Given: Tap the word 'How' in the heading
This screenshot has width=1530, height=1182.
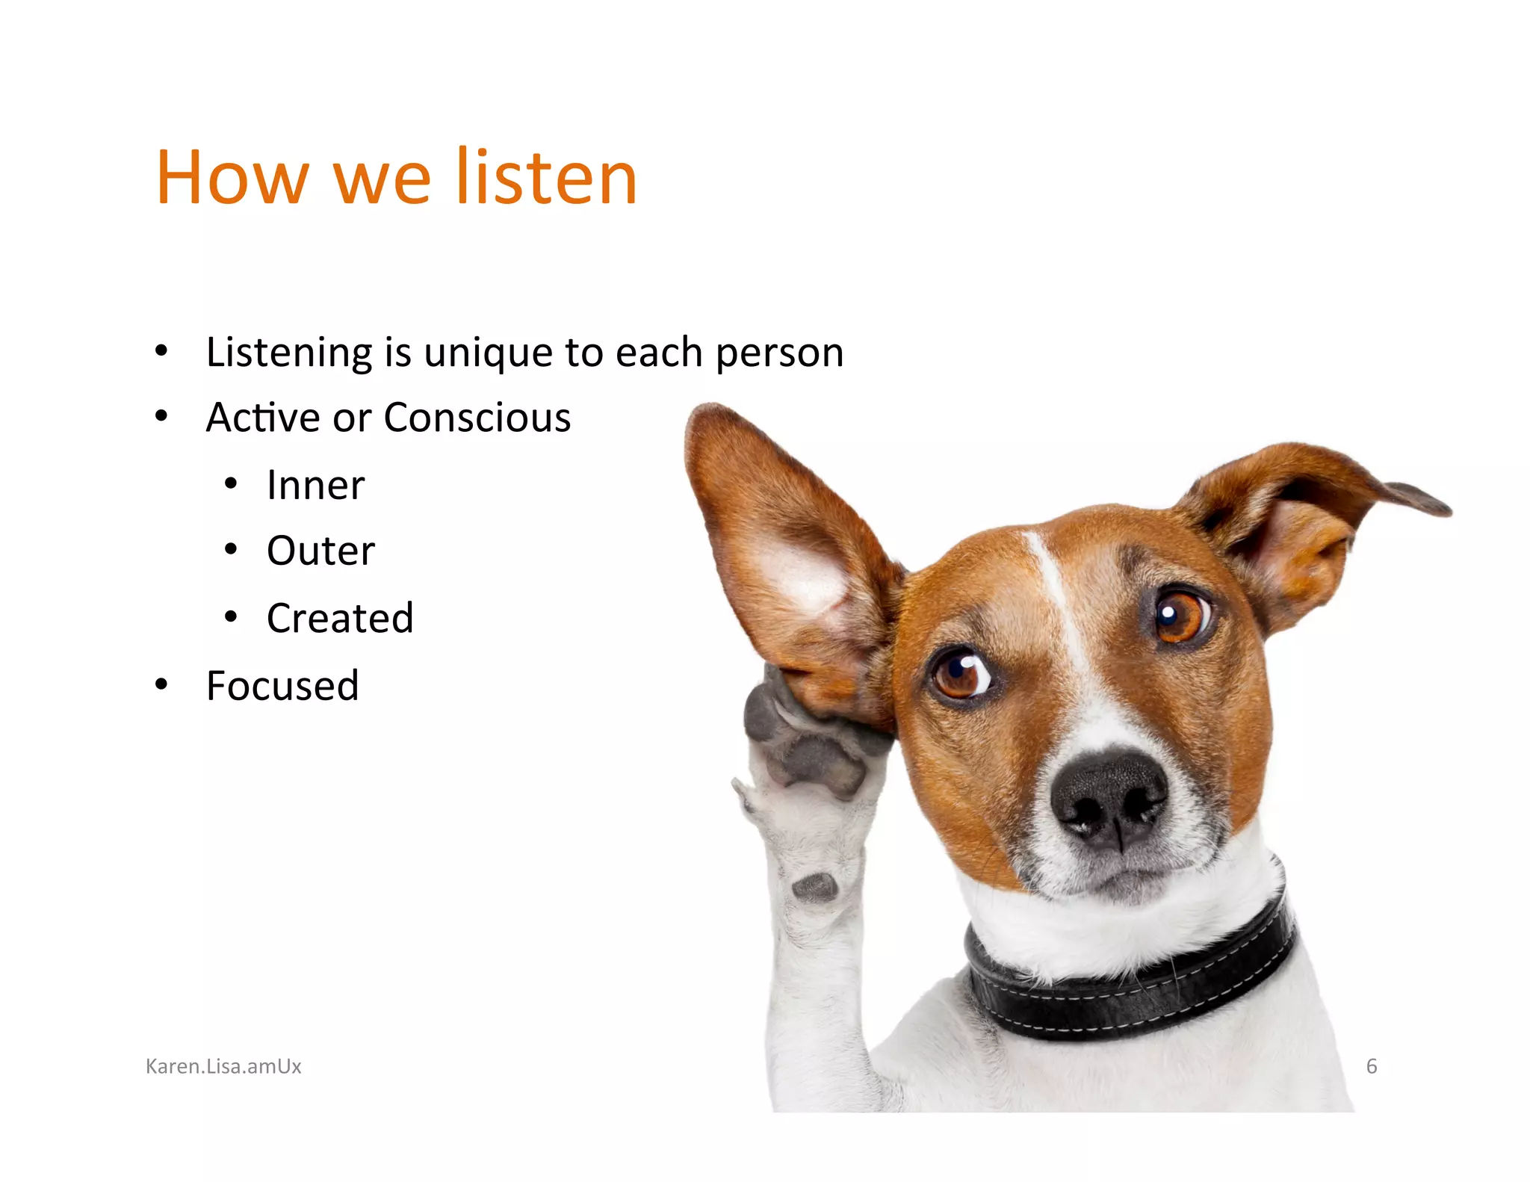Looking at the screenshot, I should [232, 177].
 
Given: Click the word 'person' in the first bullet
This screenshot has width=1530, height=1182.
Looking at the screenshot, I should [779, 353].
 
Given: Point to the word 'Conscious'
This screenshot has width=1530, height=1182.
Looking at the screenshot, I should [477, 417].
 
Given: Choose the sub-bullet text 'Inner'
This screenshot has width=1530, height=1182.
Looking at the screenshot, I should [315, 485].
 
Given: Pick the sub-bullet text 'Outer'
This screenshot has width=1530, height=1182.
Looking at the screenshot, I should [320, 551].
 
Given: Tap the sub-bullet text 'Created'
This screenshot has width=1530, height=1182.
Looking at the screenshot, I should [340, 618].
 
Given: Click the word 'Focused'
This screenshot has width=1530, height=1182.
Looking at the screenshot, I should [282, 685].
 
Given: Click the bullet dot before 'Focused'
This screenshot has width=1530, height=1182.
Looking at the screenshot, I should [161, 684].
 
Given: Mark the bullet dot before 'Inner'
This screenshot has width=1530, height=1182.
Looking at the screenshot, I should [231, 484].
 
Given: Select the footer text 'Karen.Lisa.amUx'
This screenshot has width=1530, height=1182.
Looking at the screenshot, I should [223, 1066].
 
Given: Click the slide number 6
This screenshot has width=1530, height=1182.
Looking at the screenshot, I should [1371, 1066].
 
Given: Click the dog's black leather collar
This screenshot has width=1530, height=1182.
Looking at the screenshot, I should [1136, 986].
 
